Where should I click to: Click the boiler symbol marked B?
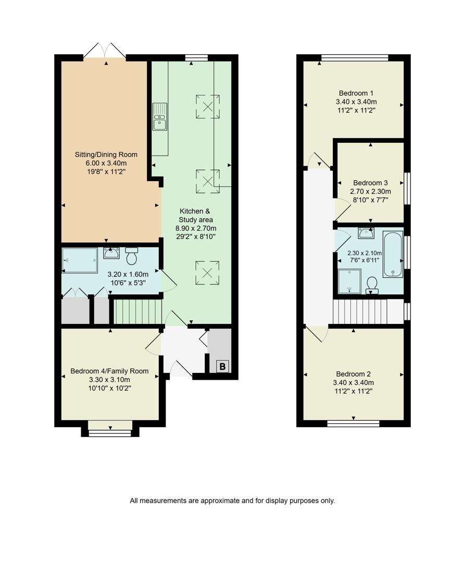(222, 367)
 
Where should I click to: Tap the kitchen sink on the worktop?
(160, 117)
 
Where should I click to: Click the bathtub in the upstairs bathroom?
(392, 255)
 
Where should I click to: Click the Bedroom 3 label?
(370, 183)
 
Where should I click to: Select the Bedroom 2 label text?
(354, 374)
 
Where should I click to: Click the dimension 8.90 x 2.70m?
(198, 228)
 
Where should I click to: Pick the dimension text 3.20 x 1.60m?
(128, 274)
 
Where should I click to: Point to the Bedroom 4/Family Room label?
(109, 371)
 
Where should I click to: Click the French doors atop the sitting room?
(105, 50)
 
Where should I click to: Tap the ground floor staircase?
(138, 311)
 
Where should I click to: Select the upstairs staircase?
(367, 311)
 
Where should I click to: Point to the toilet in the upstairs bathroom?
(372, 284)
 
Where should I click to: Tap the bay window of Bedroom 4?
(110, 432)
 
